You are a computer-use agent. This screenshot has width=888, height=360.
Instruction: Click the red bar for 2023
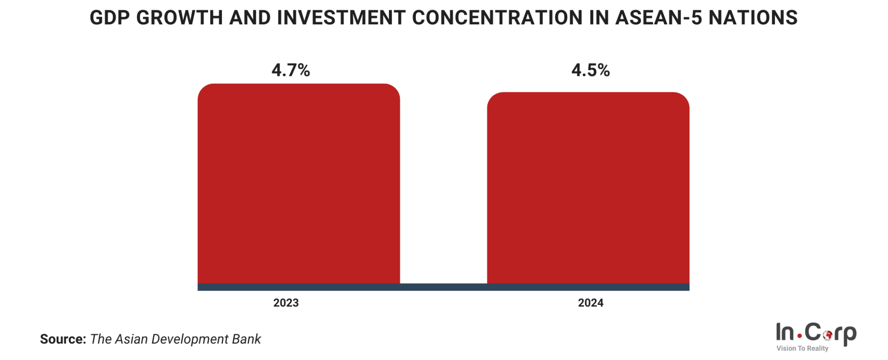298,184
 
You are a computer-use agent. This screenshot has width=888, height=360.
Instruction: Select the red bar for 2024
588,188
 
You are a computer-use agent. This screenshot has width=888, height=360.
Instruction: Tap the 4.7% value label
291,70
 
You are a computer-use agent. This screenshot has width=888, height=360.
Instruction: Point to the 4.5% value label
590,70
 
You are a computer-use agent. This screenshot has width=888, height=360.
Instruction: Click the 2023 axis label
286,303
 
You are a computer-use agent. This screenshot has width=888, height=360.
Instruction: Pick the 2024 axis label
590,303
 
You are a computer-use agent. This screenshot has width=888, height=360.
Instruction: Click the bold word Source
63,339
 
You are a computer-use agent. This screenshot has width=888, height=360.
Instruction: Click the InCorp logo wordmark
816,333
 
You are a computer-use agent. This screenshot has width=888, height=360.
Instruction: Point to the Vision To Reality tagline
802,349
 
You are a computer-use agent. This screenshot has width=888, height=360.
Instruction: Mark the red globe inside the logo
827,335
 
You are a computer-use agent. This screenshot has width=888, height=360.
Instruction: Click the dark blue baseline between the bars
443,287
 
